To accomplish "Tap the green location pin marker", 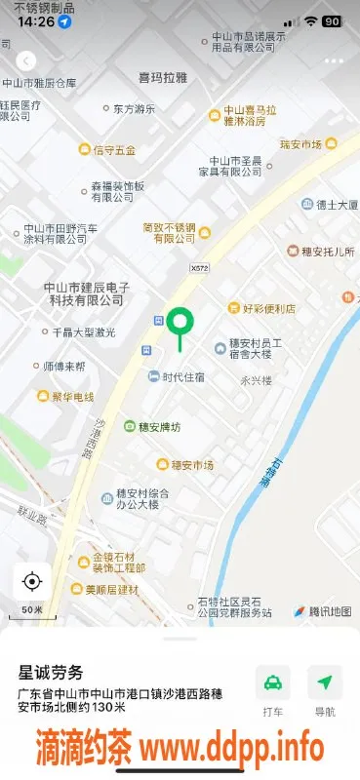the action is pos(180,323).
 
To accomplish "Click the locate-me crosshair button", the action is pos(32,582).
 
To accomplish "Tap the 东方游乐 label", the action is pos(127,108).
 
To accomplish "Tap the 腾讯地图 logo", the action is pos(316,611).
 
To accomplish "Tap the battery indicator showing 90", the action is pos(332,20).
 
